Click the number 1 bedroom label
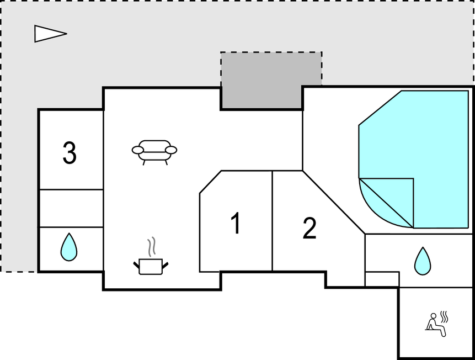[x=236, y=223]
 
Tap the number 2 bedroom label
[x=309, y=229]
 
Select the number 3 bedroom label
[x=70, y=153]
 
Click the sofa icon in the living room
[x=154, y=152]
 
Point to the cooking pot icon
[x=151, y=267]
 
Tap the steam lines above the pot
[x=152, y=247]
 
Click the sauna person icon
[x=436, y=325]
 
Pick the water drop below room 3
[x=69, y=247]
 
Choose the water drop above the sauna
[x=423, y=261]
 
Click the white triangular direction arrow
[x=50, y=33]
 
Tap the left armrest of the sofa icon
[x=137, y=150]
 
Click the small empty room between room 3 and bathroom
[x=71, y=208]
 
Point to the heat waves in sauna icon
[x=444, y=316]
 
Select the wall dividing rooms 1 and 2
[x=272, y=220]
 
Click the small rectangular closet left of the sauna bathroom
[x=382, y=279]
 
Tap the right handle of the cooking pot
[x=165, y=265]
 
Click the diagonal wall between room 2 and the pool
[x=334, y=202]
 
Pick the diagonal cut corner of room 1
[x=211, y=182]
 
